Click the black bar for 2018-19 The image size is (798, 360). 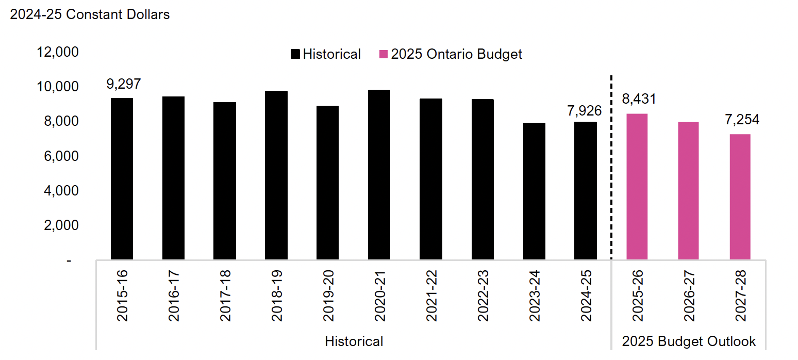[276, 175]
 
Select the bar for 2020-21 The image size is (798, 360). [379, 175]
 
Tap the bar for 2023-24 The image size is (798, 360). [534, 191]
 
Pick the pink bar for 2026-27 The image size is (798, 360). [689, 191]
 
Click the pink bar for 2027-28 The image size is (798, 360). [740, 197]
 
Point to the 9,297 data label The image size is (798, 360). [124, 84]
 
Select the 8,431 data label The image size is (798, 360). [639, 99]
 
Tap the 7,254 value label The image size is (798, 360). [740, 120]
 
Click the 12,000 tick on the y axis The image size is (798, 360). [57, 52]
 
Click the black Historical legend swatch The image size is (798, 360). [295, 54]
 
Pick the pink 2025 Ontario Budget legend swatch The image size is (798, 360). [384, 54]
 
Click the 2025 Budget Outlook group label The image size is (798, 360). [689, 341]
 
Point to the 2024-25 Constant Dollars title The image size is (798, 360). [90, 14]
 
